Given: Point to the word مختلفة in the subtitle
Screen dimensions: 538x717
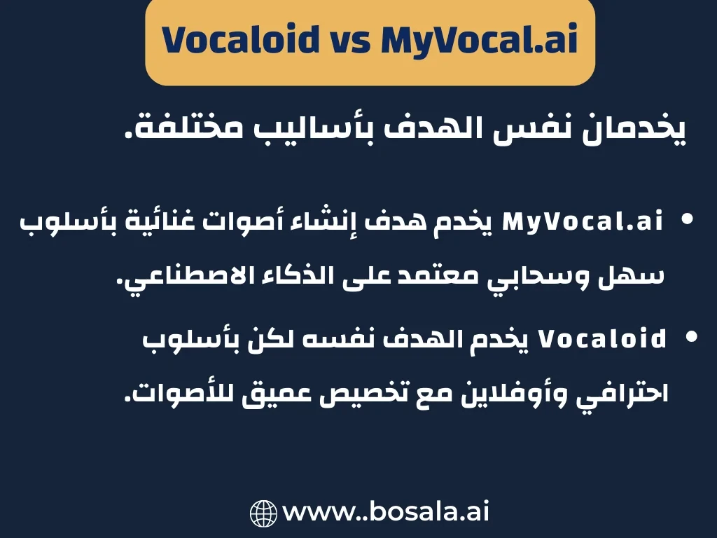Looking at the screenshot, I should (x=186, y=130).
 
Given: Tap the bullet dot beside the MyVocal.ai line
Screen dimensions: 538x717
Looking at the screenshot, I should (x=687, y=220).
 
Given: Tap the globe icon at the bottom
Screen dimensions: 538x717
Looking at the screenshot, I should (x=264, y=513).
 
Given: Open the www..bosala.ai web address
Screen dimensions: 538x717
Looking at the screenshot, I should (x=385, y=512).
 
